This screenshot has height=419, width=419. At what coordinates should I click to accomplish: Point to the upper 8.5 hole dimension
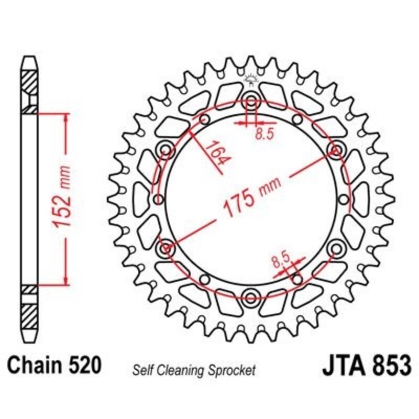coord(264,134)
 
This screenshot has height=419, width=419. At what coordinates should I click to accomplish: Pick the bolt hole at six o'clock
coord(251,298)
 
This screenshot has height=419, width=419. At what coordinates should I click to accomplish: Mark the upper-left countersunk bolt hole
coord(167,151)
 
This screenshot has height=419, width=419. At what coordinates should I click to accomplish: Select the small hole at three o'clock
coord(343,200)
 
